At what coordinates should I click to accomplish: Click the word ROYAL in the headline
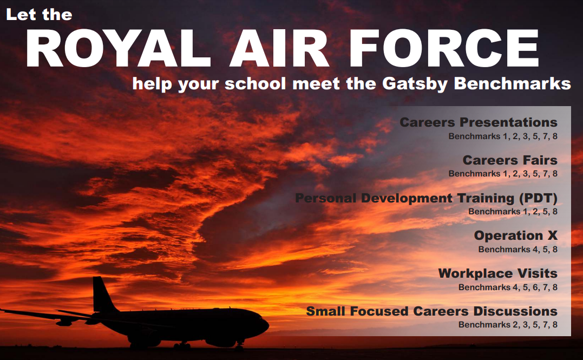coord(119,48)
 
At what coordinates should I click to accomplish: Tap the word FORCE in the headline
coord(444,48)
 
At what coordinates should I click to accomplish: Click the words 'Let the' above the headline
coord(39,15)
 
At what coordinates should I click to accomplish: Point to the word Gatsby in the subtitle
coord(415,84)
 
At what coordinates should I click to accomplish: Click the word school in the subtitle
coord(256,83)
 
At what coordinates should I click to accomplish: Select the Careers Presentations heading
coord(479,122)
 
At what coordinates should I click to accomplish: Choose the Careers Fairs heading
coord(510,160)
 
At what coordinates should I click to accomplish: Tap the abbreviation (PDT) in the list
coord(538,198)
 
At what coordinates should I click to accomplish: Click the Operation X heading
coord(516,235)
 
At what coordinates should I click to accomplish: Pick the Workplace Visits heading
coord(498,273)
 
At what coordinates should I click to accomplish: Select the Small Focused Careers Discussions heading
coord(431,311)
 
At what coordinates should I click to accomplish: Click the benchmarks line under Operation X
coord(518,249)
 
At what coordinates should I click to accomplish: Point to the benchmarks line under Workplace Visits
coord(508,287)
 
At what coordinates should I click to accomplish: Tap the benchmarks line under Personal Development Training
coord(513,212)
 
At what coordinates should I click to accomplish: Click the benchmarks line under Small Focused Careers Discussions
coord(508,325)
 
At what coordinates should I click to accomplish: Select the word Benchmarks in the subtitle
coord(512,83)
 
